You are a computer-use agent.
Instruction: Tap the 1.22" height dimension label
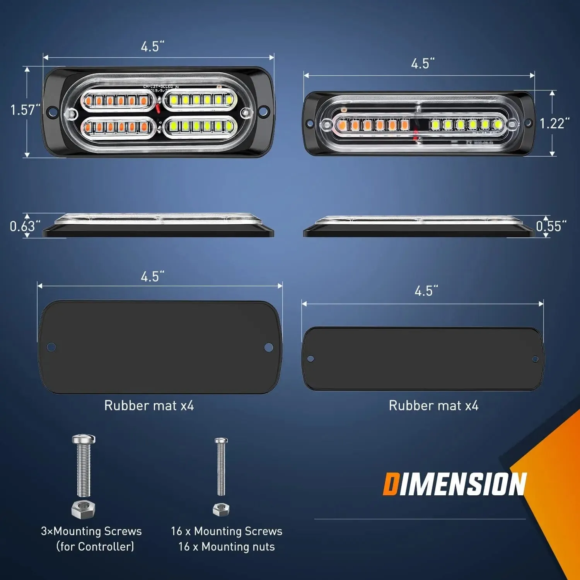[x=554, y=124]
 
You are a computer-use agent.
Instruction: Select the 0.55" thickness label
[x=551, y=226]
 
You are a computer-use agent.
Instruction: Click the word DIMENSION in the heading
[x=455, y=484]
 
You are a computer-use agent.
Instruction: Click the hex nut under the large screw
[x=83, y=509]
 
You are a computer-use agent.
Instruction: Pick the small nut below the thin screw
[x=221, y=509]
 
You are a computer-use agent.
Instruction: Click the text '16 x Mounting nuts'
[x=227, y=547]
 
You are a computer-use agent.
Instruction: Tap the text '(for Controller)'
[x=95, y=547]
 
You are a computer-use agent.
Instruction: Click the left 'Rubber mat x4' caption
[x=149, y=406]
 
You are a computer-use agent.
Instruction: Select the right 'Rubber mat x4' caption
[x=433, y=406]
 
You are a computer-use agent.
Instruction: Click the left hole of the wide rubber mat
[x=51, y=347]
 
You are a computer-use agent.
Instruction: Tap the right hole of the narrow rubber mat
[x=535, y=359]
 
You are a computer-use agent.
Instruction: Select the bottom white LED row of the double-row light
[x=200, y=126]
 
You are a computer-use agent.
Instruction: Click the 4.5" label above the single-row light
[x=423, y=64]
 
